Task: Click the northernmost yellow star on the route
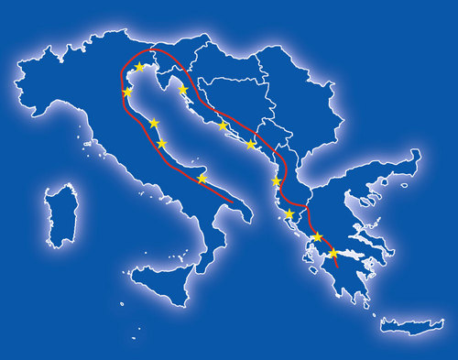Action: [x=139, y=67]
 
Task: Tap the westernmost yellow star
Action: [x=127, y=92]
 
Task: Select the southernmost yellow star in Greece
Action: [x=333, y=252]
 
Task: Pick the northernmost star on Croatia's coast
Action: [x=183, y=90]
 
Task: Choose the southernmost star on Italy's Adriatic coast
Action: [x=202, y=179]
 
